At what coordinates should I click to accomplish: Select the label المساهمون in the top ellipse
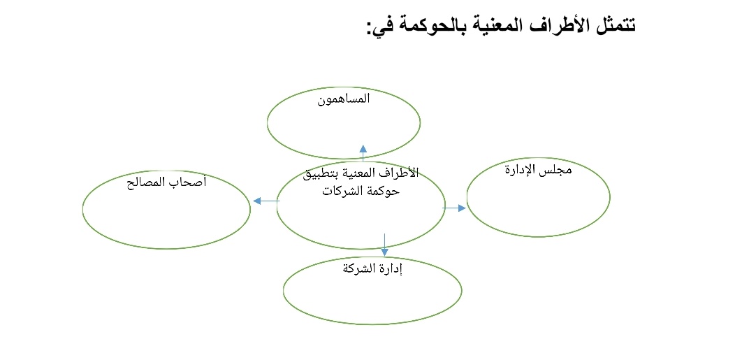coord(344,99)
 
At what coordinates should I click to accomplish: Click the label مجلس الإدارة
coord(537,171)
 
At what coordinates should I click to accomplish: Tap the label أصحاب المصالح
coord(166,184)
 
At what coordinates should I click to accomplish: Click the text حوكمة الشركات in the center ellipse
coord(361,191)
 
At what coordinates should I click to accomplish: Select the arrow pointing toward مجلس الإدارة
coord(455,208)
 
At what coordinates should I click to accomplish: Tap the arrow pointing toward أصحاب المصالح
coord(265,201)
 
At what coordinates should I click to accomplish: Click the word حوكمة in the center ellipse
coord(384,191)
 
